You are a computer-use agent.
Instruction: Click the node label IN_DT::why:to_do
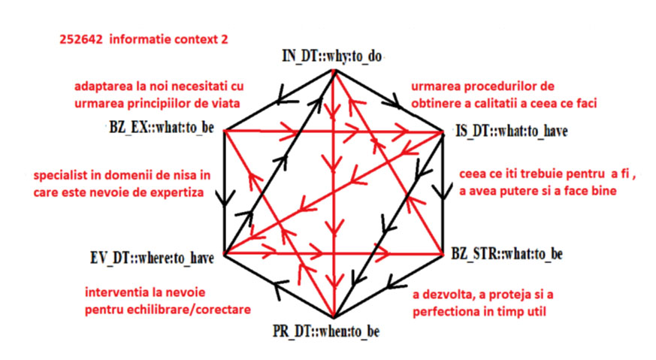[x=332, y=56]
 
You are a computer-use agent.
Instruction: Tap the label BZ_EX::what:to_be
[x=162, y=127]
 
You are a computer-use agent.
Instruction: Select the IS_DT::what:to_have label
[x=511, y=131]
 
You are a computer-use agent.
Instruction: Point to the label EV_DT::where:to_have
[x=152, y=258]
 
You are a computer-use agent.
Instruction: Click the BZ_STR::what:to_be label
[x=506, y=254]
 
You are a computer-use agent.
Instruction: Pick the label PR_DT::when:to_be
[x=326, y=331]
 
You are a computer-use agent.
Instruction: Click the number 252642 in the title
[x=81, y=39]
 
